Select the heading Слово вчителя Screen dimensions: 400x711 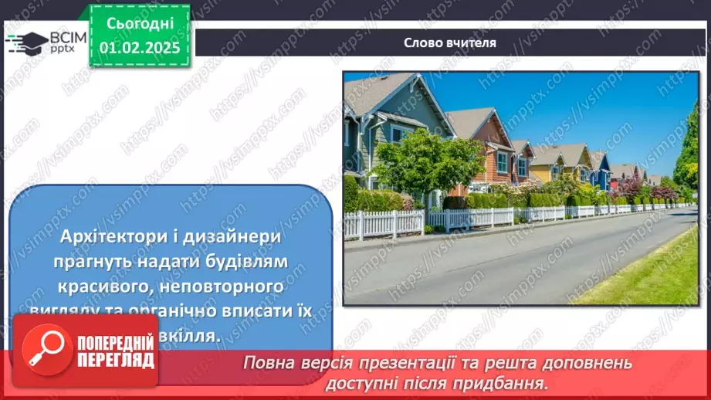450,42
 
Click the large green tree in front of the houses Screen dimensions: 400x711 427,163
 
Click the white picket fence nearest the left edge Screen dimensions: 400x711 384,223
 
